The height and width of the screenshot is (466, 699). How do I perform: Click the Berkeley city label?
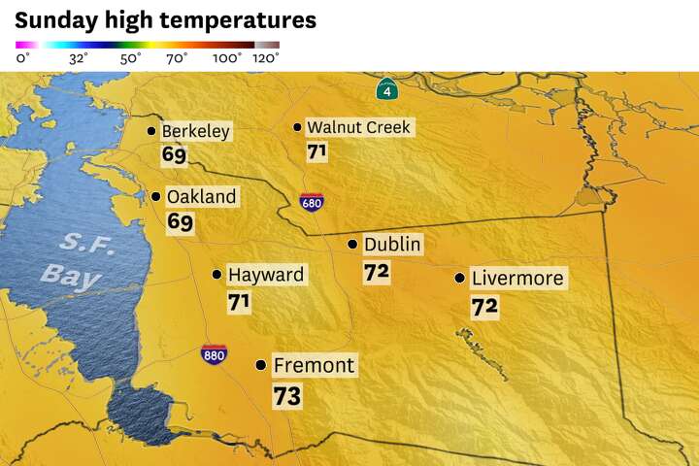click(195, 131)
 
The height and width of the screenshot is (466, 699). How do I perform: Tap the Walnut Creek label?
click(359, 127)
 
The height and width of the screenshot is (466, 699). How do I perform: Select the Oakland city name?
click(201, 196)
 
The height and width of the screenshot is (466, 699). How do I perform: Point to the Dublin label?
click(392, 245)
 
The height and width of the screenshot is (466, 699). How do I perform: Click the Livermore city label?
click(516, 279)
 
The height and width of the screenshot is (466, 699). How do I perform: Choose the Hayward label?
click(265, 275)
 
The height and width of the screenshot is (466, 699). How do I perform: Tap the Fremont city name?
click(314, 366)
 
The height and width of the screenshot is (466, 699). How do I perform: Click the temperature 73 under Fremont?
click(287, 396)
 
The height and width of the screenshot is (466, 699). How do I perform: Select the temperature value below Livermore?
click(484, 307)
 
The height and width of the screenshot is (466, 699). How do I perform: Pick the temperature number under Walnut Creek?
click(316, 152)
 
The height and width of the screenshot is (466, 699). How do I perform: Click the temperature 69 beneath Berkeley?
click(175, 154)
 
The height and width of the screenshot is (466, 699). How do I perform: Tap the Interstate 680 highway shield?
click(311, 203)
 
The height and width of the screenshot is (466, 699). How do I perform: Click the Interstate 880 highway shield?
click(215, 354)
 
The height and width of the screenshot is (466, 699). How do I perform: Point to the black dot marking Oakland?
click(155, 196)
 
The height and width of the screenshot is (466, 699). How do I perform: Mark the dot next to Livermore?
click(459, 279)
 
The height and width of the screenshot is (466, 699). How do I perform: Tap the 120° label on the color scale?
click(266, 58)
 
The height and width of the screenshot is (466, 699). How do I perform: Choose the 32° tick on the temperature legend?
click(79, 58)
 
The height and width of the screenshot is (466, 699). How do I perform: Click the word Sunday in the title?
click(53, 19)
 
